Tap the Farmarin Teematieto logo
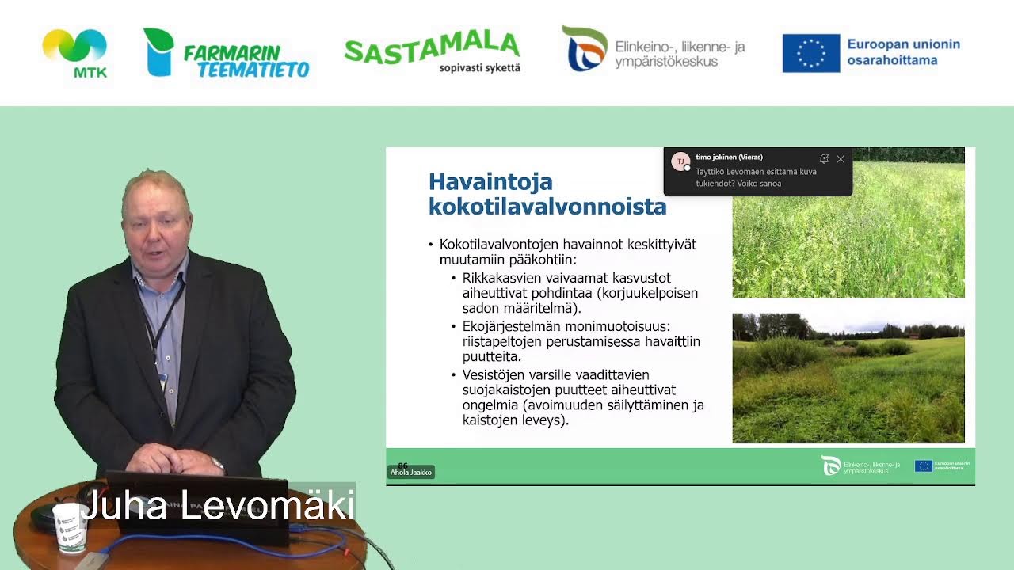[226, 54]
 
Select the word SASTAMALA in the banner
[432, 47]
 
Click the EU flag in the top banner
[810, 53]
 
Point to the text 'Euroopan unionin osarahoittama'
[903, 52]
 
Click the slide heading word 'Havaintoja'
[490, 181]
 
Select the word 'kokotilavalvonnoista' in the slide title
[547, 207]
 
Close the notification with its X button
[841, 159]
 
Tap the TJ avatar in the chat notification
[680, 161]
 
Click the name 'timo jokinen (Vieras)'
[729, 158]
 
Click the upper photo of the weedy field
[848, 237]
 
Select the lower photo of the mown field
[848, 378]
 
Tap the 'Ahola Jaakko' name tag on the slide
[410, 472]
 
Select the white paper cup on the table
[69, 526]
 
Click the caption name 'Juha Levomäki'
[218, 506]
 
